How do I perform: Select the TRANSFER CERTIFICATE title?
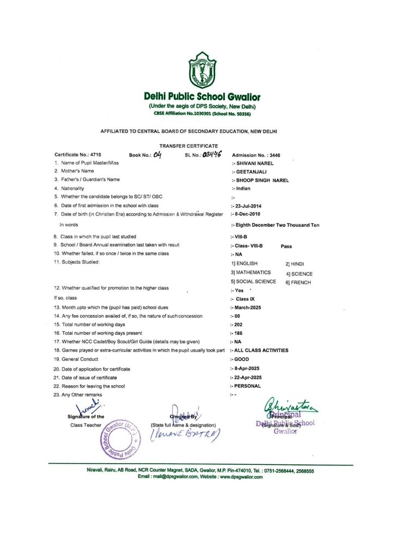coord(188,146)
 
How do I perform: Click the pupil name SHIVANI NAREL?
coord(254,163)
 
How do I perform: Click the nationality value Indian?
coord(242,188)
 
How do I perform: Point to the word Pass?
coord(286,246)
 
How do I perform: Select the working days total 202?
coord(238,324)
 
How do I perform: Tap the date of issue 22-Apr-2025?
coord(249,377)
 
